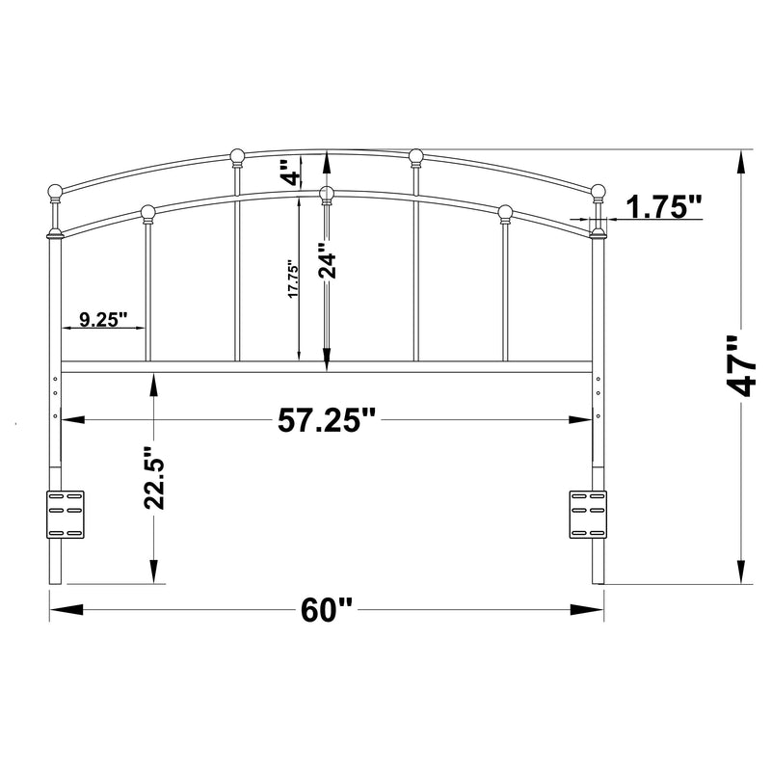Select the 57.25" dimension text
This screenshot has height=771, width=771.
[327, 420]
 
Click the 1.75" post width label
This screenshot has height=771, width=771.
[664, 205]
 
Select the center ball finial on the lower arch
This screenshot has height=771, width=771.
[327, 193]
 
